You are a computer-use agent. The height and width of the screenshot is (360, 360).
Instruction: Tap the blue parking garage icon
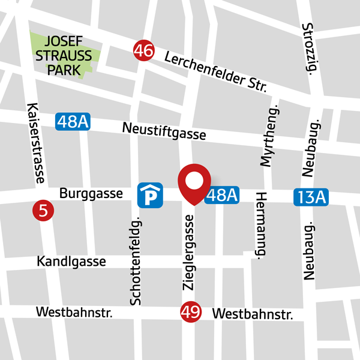point(149,195)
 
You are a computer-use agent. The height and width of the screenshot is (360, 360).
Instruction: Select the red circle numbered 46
point(144,50)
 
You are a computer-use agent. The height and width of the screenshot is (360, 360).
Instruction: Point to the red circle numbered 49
point(190,313)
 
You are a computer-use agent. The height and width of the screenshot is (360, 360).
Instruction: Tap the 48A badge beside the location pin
point(221,195)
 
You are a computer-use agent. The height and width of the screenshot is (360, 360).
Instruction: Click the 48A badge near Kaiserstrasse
point(73,122)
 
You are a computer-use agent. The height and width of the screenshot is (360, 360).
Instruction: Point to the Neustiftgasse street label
point(164,131)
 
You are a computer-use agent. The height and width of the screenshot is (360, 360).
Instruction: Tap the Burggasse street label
point(91,193)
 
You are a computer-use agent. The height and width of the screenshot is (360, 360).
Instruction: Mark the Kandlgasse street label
point(71,262)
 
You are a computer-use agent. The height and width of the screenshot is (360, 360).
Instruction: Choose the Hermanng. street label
point(261,224)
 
